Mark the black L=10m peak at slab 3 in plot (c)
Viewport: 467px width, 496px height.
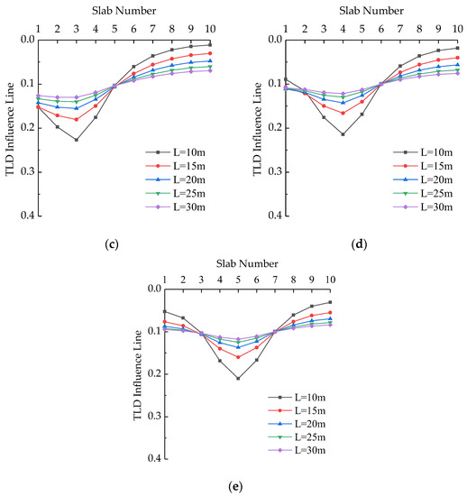click(76, 140)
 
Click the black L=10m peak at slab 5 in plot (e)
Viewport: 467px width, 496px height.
click(238, 378)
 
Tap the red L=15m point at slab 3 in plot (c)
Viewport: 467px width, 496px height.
click(76, 119)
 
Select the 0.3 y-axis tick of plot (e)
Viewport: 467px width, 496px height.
click(151, 417)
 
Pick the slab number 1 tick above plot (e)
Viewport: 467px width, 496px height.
click(164, 279)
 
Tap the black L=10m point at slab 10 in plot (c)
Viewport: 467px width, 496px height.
click(209, 44)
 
